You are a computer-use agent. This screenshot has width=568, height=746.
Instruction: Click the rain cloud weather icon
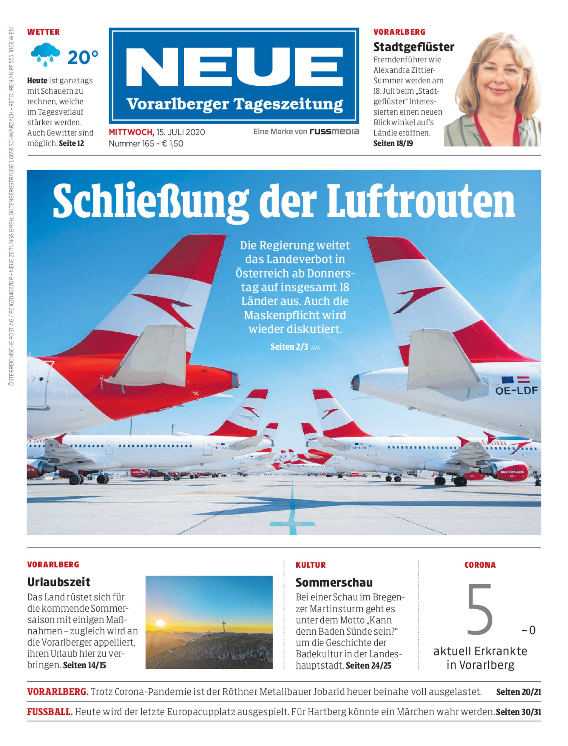(x=45, y=56)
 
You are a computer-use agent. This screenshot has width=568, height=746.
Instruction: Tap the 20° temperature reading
(x=83, y=58)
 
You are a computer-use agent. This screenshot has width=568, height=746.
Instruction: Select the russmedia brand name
(x=334, y=132)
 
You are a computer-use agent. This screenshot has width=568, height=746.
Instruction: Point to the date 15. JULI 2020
(x=180, y=132)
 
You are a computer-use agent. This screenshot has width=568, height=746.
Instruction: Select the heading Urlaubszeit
(x=59, y=582)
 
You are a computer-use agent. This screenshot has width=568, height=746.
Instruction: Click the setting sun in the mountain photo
(x=159, y=623)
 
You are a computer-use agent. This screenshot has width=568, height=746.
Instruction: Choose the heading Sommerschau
(x=334, y=582)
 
